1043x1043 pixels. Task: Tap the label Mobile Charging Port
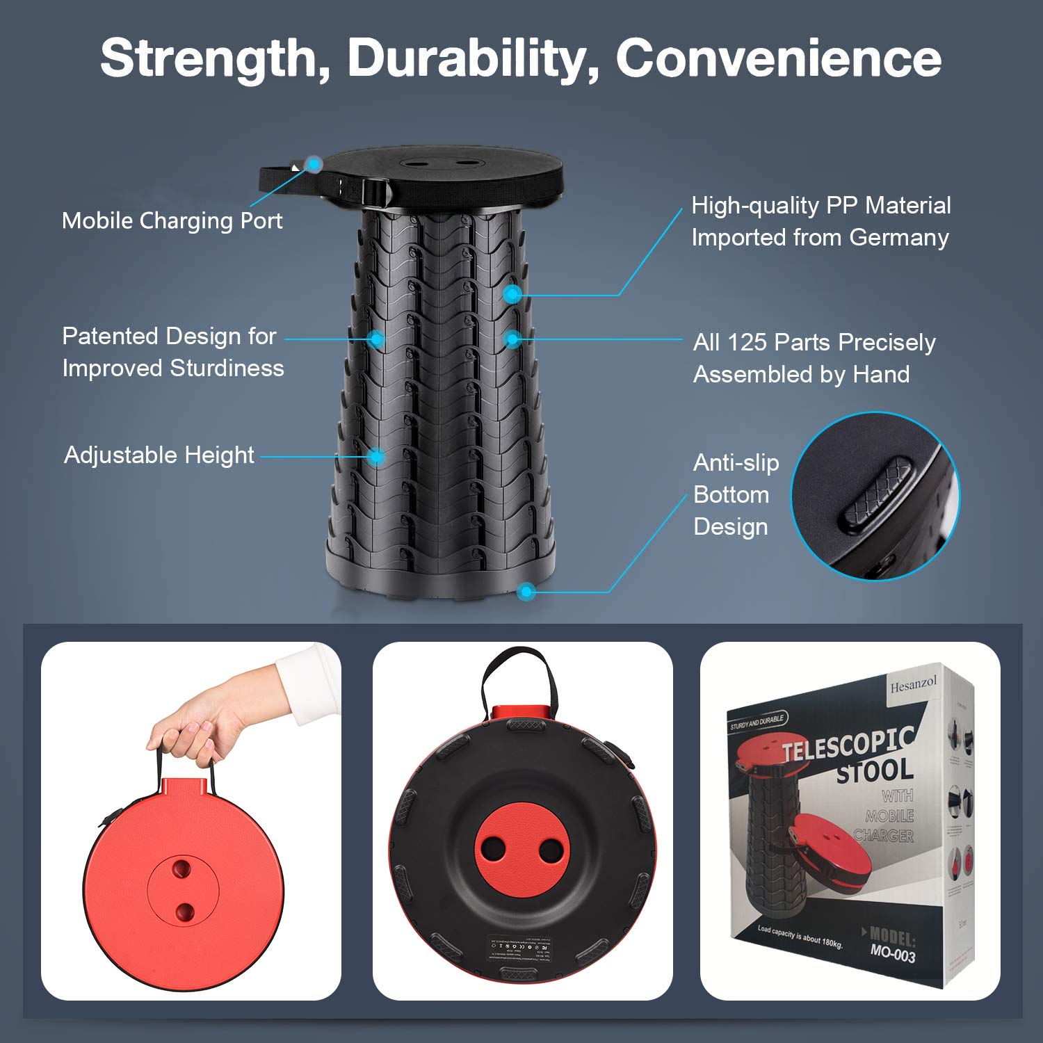[x=172, y=220]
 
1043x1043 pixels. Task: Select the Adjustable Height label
[x=159, y=455]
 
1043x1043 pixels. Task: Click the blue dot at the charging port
[x=315, y=165]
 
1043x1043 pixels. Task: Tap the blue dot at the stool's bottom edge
[x=526, y=592]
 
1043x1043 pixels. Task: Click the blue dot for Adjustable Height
[x=376, y=457]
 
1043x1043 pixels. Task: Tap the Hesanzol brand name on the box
[x=913, y=684]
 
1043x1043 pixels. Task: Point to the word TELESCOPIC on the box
[x=847, y=744]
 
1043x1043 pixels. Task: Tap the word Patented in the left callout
[x=109, y=337]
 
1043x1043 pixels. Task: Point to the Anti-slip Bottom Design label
[x=736, y=494]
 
